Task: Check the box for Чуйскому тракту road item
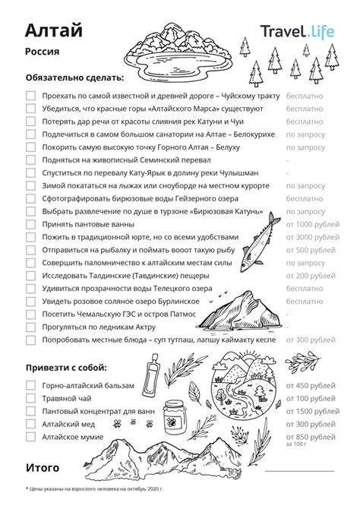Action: point(30,97)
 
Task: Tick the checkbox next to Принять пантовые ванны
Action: point(30,225)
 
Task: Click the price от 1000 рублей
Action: point(311,225)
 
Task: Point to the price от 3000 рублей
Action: point(311,238)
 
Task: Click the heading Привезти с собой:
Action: point(68,368)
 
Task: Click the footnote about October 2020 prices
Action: point(94,488)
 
